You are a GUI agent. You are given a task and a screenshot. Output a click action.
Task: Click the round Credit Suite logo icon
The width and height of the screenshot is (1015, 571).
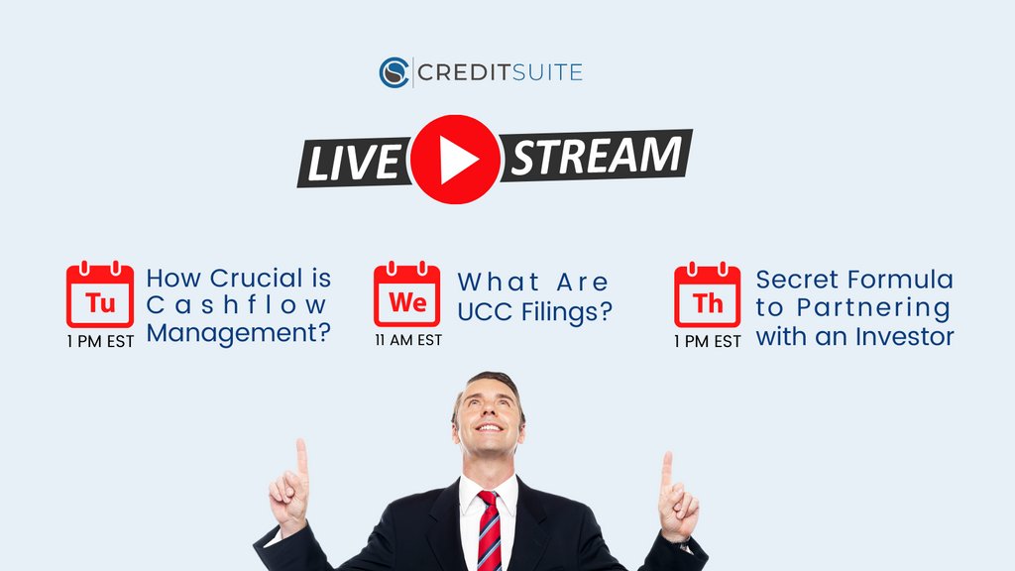[x=395, y=72]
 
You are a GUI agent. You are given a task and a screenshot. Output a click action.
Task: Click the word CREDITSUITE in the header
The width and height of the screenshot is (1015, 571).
[x=499, y=72]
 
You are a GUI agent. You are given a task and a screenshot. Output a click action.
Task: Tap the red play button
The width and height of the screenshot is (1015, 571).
[x=455, y=160]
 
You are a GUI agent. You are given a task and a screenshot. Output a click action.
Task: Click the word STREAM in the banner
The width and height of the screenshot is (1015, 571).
[x=597, y=156]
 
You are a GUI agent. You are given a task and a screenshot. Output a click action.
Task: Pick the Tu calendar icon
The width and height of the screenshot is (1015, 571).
[x=100, y=295]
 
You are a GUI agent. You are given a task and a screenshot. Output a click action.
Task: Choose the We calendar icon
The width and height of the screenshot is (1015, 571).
[x=406, y=295]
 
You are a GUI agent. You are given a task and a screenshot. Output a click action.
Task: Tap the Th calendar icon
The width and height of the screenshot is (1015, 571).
[x=708, y=296]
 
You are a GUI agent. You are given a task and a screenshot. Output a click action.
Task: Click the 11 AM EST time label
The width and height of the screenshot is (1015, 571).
[x=407, y=340]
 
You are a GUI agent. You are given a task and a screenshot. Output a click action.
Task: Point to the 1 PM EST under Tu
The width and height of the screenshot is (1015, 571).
[x=100, y=341]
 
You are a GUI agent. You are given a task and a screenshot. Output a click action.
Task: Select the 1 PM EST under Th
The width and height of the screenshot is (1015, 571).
[x=708, y=341]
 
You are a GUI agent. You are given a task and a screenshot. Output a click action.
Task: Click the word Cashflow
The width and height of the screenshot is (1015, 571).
[x=237, y=306]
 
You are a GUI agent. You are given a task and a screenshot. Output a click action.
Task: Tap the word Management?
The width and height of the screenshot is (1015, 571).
[x=239, y=334]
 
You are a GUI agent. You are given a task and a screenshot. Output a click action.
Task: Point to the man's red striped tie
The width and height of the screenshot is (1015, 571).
[x=489, y=531]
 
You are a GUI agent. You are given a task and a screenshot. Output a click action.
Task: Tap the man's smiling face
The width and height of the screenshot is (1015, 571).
[x=488, y=413]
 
